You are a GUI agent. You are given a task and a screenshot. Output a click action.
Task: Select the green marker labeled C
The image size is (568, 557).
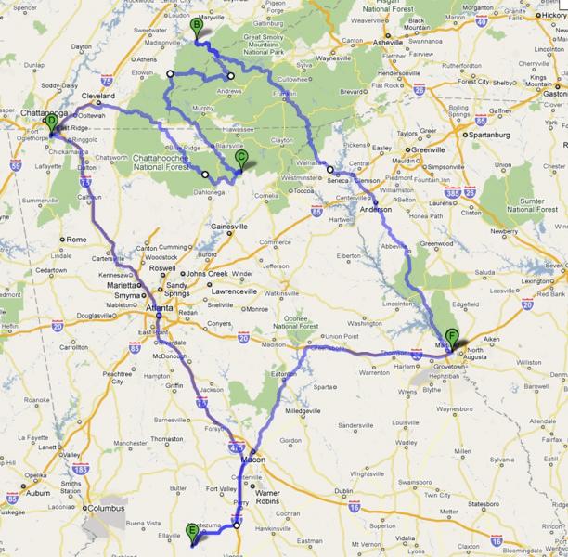point(240,159)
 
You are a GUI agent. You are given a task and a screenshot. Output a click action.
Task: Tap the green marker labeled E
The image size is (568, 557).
point(192,531)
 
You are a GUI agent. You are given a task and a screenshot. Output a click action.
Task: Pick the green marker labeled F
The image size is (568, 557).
point(452,337)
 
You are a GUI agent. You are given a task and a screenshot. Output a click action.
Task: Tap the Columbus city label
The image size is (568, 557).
point(109,510)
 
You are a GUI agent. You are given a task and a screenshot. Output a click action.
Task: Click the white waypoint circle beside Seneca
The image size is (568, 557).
point(329,168)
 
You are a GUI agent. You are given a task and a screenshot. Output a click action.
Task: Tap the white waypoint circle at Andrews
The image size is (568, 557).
point(230,76)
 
